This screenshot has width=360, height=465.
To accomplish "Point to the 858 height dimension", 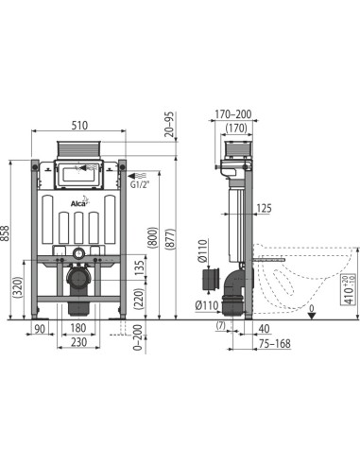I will [x=8, y=237].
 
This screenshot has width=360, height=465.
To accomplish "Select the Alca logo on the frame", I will [x=78, y=199].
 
